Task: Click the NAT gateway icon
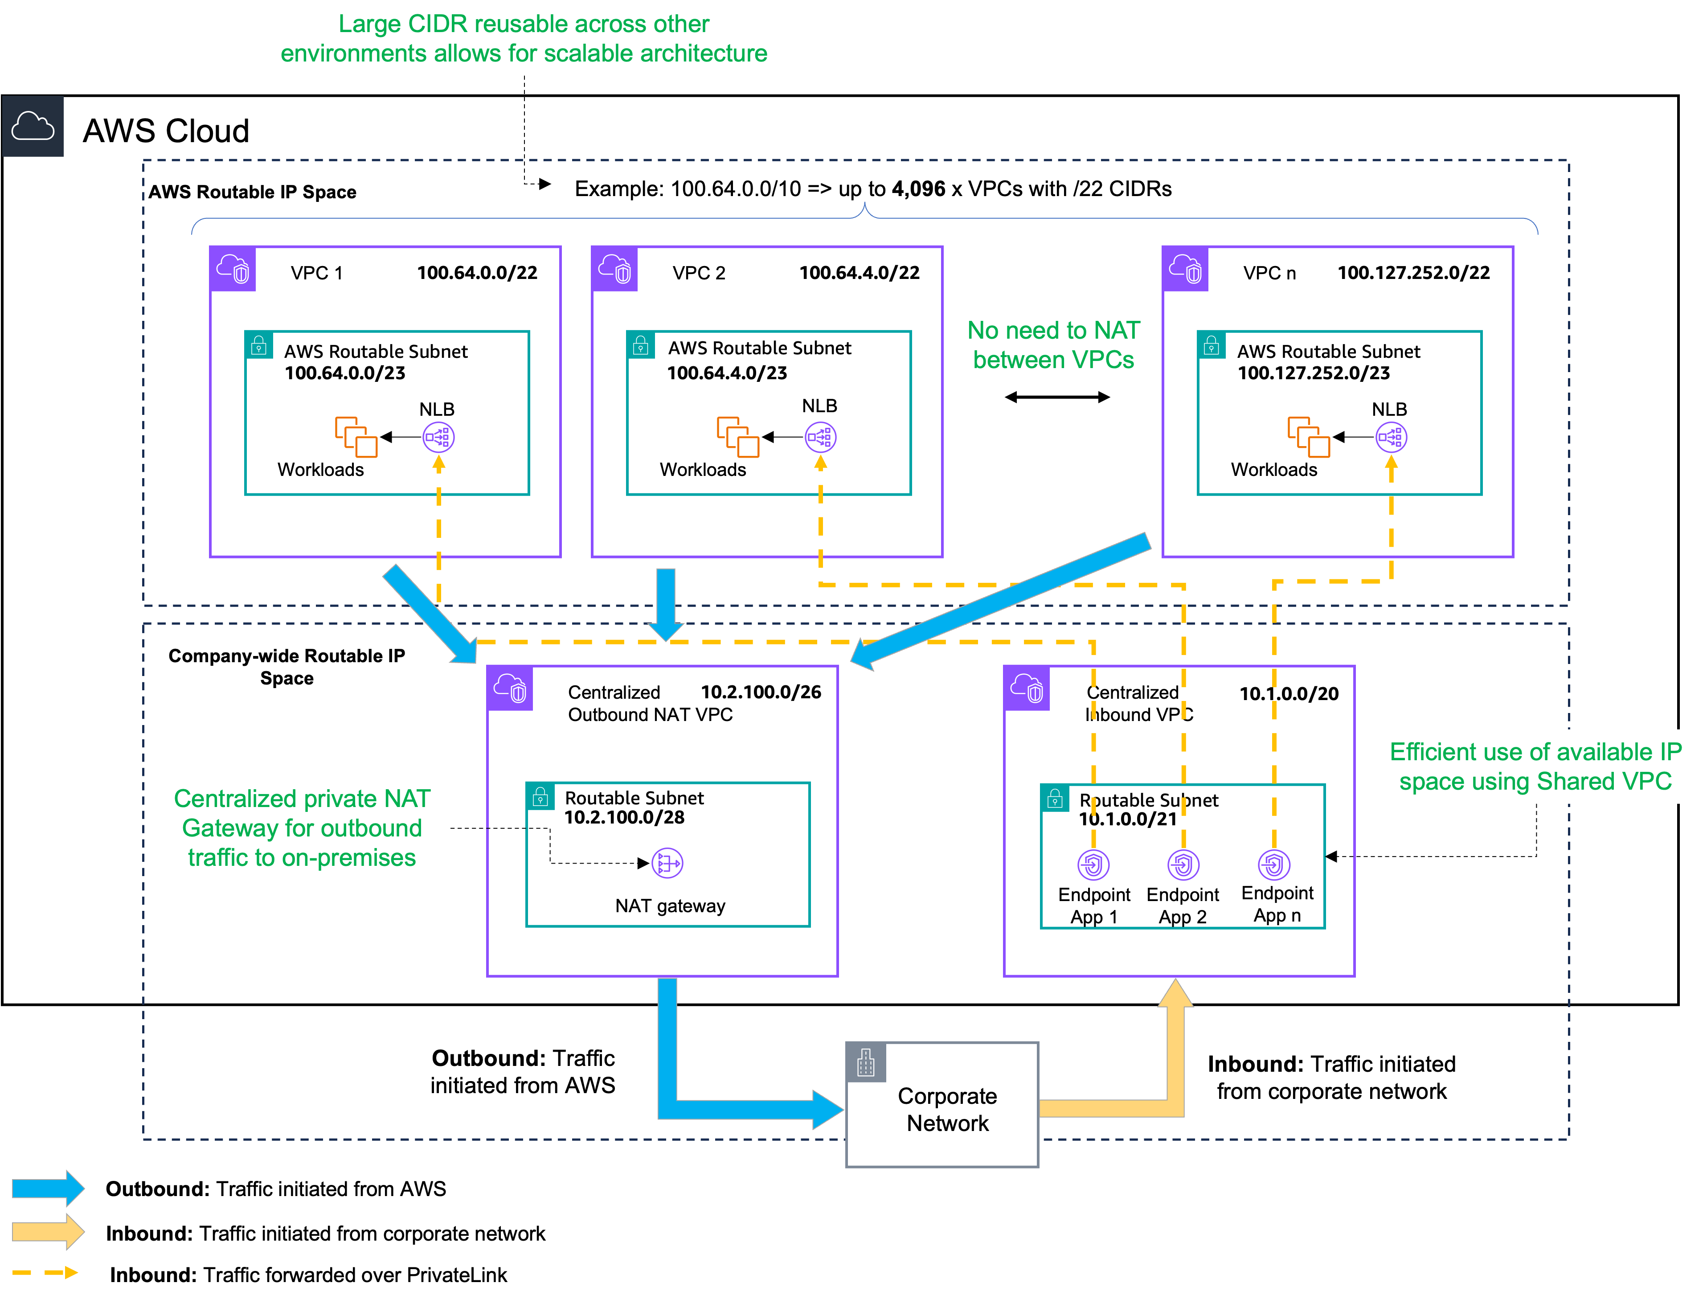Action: (667, 863)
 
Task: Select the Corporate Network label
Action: (947, 1110)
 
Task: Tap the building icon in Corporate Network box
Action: (866, 1062)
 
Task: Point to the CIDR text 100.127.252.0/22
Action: (1413, 273)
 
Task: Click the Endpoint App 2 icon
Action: (1183, 865)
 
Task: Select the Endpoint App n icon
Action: (1274, 865)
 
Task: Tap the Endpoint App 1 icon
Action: (1093, 865)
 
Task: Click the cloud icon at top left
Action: (33, 126)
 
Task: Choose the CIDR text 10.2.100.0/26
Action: (761, 692)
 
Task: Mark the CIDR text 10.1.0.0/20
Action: (1289, 693)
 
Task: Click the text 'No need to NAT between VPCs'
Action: (1053, 345)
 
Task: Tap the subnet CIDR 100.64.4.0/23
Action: (727, 373)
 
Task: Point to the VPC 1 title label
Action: (316, 273)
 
